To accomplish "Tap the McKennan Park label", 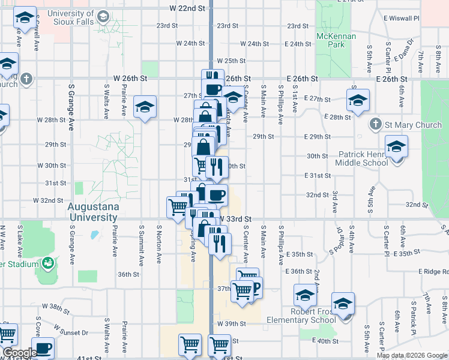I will [336, 40].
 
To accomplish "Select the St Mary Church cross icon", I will [375, 125].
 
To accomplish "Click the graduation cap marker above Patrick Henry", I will [396, 146].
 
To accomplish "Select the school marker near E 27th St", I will [358, 100].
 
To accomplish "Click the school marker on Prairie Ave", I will [145, 107].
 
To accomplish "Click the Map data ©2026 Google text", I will [411, 355].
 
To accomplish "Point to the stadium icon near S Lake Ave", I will [47, 263].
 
